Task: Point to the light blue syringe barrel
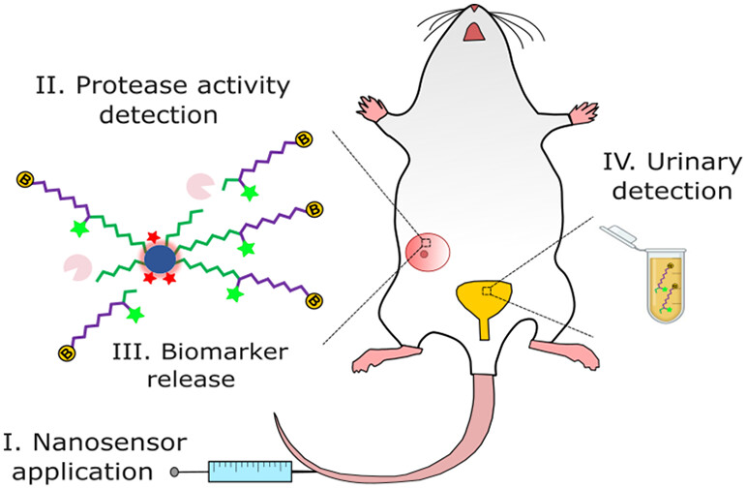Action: pos(250,472)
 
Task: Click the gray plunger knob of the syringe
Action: pos(174,473)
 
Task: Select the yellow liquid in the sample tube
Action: pos(667,290)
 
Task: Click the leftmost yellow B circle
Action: pos(25,179)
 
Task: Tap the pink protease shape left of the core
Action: pos(78,263)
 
